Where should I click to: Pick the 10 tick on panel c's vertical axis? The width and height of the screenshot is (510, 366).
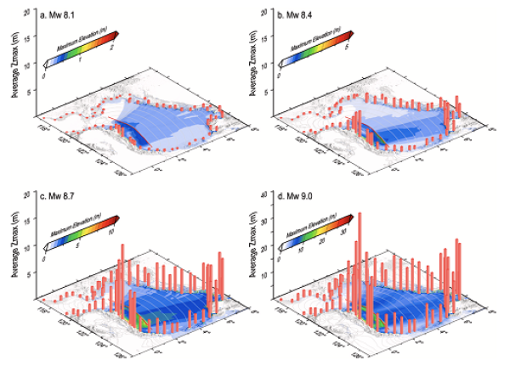pyautogui.click(x=28, y=247)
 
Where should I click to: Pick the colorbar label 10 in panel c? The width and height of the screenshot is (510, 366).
pyautogui.click(x=112, y=235)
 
